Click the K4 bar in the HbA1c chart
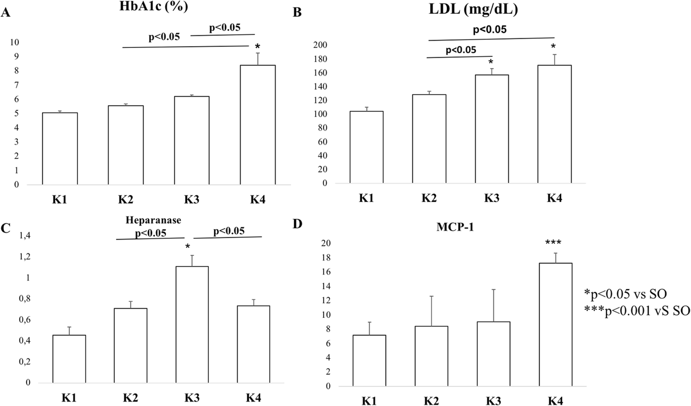(258, 125)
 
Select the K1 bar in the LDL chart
(366, 147)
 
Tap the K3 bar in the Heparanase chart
(192, 324)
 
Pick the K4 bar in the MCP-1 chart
(555, 324)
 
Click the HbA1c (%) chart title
(153, 7)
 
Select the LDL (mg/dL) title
(473, 9)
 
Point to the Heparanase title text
(153, 220)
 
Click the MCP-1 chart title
(455, 227)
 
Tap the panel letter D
(297, 224)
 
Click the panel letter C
(5, 228)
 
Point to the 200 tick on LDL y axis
(320, 45)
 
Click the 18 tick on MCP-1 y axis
(326, 258)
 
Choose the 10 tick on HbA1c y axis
(15, 42)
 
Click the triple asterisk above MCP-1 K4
(554, 243)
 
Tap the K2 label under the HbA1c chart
(125, 199)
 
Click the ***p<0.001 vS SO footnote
(637, 311)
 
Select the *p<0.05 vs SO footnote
(625, 294)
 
